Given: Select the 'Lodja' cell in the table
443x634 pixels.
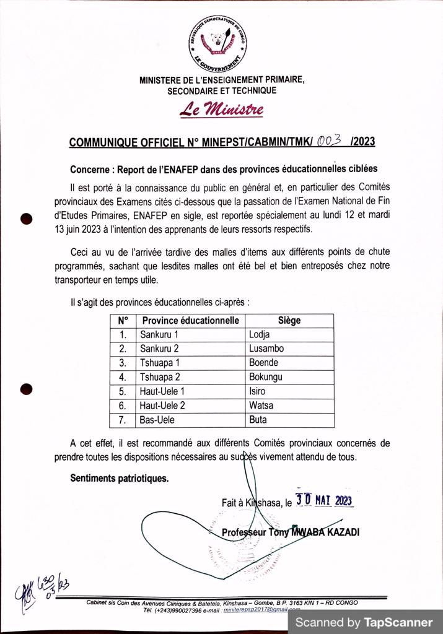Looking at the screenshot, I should [x=259, y=335].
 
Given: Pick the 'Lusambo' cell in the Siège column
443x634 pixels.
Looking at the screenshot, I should [x=266, y=349].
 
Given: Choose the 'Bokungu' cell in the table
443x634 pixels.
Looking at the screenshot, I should [x=265, y=378].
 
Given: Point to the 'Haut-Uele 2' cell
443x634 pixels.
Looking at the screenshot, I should [x=162, y=406].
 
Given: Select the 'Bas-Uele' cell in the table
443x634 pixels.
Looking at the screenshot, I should [x=157, y=420].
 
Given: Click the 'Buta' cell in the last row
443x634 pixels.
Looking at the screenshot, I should [x=258, y=420].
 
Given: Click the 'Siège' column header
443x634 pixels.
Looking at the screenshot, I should [x=289, y=321].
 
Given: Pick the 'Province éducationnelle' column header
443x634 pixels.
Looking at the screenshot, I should [x=190, y=321].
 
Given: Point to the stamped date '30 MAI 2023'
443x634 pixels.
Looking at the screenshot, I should [x=324, y=500].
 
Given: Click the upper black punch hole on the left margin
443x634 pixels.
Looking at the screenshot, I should [x=27, y=218].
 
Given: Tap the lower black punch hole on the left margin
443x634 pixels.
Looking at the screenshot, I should [x=27, y=389].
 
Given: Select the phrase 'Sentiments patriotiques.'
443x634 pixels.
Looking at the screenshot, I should [x=119, y=478].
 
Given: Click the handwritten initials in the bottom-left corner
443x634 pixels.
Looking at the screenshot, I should [x=43, y=586].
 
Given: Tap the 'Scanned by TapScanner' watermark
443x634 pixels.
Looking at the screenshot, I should [x=364, y=622].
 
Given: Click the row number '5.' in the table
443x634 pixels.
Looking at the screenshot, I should [x=123, y=392].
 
